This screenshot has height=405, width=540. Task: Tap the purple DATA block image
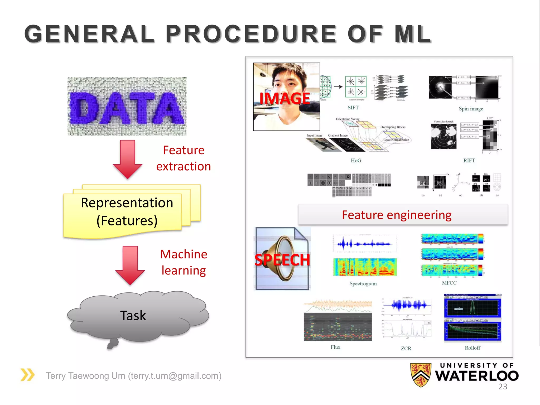tap(127, 107)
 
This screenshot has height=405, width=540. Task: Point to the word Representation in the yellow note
tap(127, 203)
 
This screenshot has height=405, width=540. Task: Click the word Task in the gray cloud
tap(133, 315)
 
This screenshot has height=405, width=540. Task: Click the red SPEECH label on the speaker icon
tap(282, 260)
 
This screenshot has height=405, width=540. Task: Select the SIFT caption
tap(353, 108)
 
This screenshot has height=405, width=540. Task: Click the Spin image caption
tap(471, 109)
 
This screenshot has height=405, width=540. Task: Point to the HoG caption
tap(356, 160)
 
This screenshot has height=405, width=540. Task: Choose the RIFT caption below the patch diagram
tap(469, 160)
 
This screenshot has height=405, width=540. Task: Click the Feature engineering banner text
tap(396, 215)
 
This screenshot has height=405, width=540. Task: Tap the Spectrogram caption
tap(363, 283)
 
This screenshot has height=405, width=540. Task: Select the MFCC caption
tap(449, 283)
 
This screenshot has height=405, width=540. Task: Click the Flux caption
tap(335, 347)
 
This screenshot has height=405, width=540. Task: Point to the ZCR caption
tap(406, 348)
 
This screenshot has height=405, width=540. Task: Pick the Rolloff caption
tap(472, 348)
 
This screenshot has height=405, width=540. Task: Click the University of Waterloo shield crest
tap(421, 375)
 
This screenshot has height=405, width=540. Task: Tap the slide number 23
tap(503, 387)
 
